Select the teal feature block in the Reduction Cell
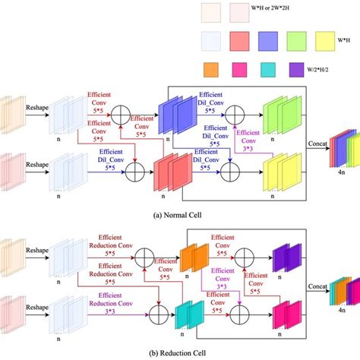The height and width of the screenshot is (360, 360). click(x=189, y=314)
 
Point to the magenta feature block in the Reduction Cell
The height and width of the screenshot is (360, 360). click(x=283, y=314)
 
